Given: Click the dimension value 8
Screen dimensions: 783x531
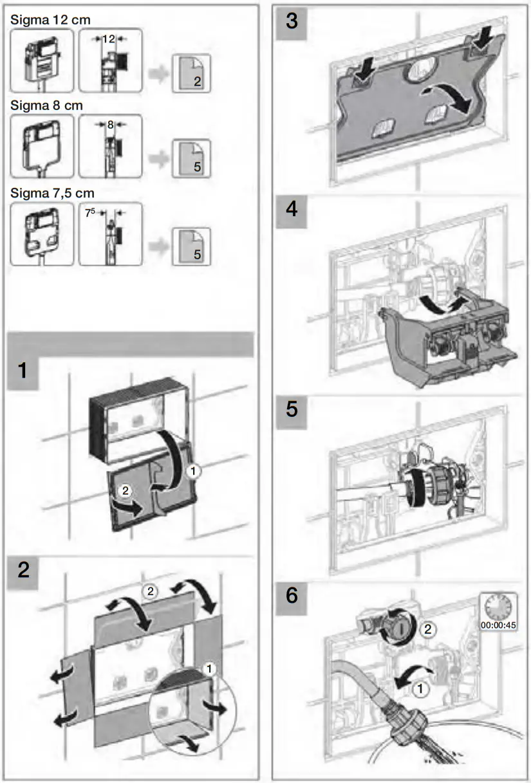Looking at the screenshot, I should (x=110, y=126).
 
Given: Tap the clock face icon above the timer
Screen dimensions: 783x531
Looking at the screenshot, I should (x=498, y=606).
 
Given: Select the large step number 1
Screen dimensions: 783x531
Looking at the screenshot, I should (x=23, y=371).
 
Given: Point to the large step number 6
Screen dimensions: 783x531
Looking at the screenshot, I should (x=292, y=595).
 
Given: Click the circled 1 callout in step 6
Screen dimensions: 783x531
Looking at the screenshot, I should (x=420, y=690).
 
